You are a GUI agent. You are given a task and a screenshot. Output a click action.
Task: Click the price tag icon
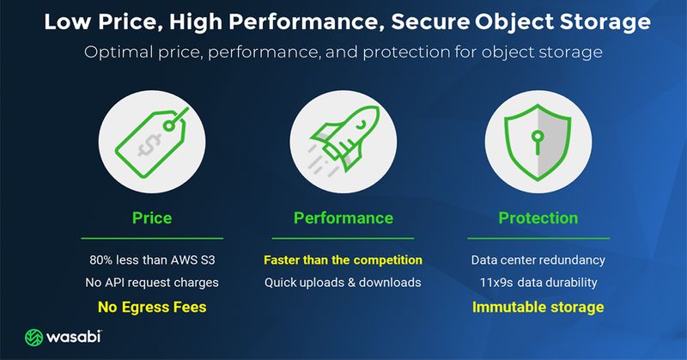152,143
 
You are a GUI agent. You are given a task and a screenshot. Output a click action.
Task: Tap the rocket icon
343,140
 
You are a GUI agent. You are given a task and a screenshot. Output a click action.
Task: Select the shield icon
538,142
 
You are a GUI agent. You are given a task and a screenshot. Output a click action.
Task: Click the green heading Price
152,218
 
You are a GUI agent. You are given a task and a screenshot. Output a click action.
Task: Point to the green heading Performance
343,218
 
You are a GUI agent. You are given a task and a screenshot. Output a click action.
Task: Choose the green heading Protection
538,218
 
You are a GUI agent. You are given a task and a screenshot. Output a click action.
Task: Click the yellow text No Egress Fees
152,307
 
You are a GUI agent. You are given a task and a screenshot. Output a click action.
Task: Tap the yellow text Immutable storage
538,307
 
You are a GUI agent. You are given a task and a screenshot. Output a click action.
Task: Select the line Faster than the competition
343,260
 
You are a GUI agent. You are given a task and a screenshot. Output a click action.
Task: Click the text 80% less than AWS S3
152,260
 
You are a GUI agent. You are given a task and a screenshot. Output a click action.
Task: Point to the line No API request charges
152,283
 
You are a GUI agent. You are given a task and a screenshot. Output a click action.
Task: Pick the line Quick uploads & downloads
343,283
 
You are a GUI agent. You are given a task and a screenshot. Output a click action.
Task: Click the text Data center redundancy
538,260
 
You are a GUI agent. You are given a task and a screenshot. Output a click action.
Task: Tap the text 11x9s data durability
538,283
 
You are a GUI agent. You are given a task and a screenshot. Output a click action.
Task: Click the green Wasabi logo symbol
33,337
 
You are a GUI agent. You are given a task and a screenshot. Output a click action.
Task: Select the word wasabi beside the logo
74,337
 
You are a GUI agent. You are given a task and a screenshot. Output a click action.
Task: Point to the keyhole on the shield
538,142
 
